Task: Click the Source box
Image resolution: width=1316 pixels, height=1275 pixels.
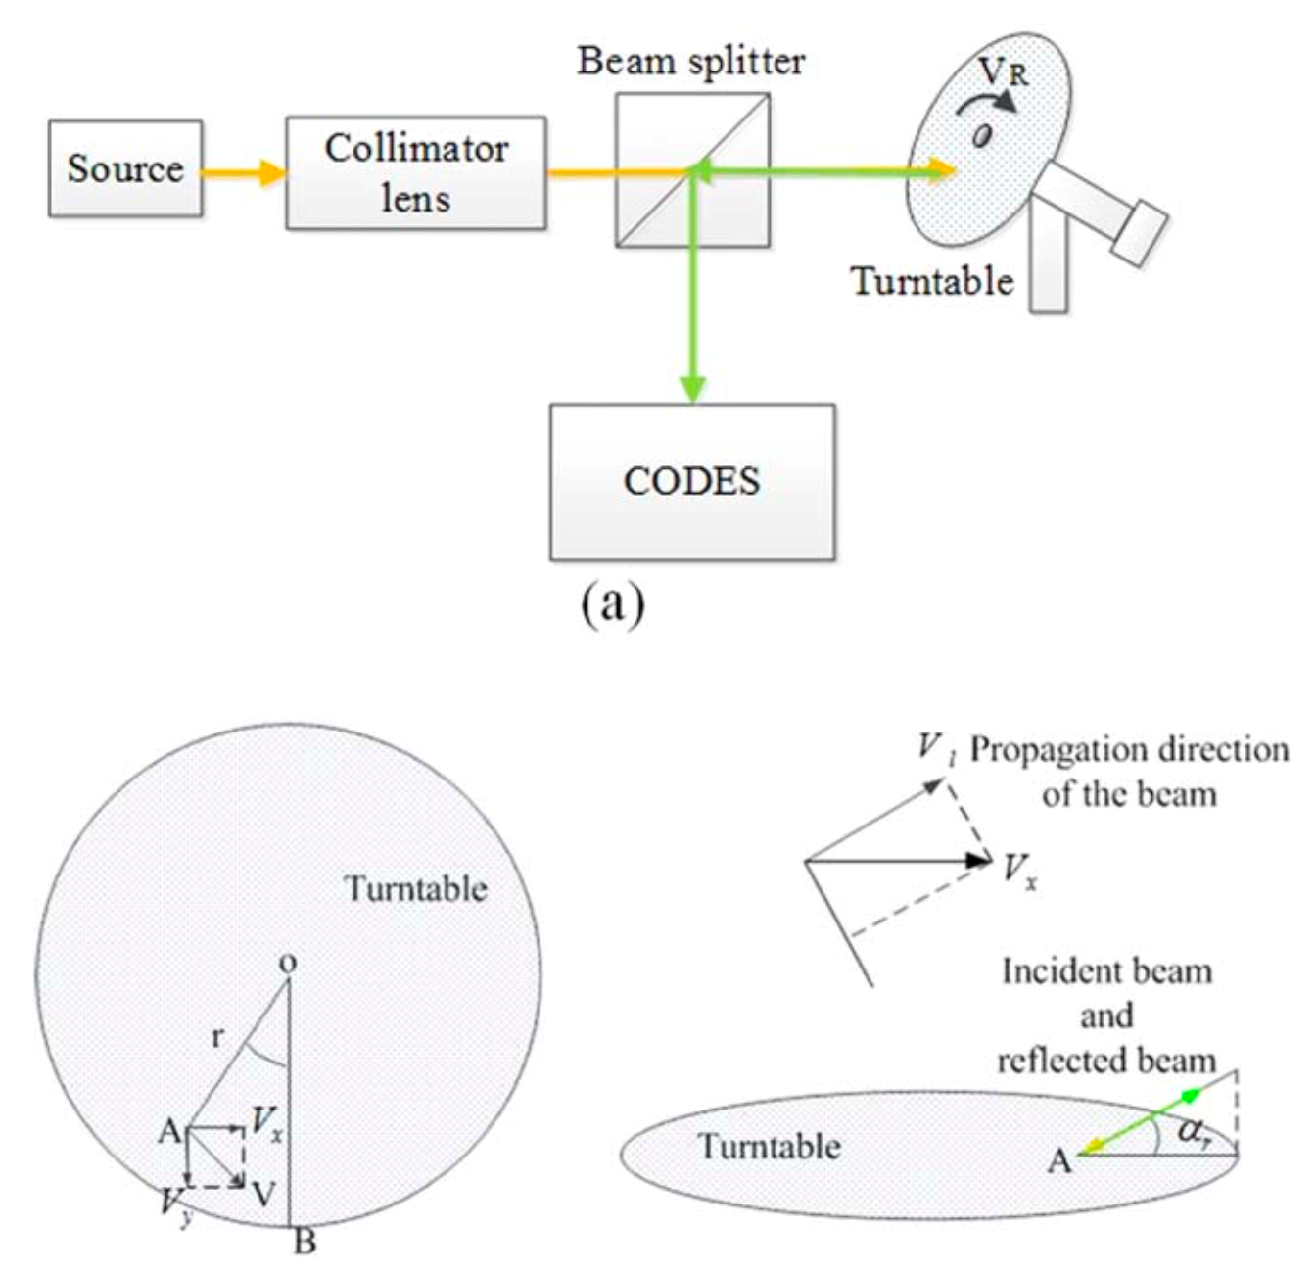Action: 125,168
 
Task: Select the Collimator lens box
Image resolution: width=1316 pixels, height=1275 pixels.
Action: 415,173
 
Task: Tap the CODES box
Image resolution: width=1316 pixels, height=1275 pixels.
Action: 692,482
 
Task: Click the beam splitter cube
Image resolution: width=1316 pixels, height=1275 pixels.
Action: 692,170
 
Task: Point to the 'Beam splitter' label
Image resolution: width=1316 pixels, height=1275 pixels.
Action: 690,62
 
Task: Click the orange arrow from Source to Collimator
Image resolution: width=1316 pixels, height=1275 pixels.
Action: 244,174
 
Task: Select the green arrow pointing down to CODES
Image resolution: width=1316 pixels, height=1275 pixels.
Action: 693,294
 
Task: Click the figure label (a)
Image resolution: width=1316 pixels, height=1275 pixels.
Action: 613,606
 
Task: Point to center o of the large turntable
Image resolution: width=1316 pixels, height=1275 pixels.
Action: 288,966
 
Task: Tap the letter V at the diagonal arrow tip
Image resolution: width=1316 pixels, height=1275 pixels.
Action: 262,1194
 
